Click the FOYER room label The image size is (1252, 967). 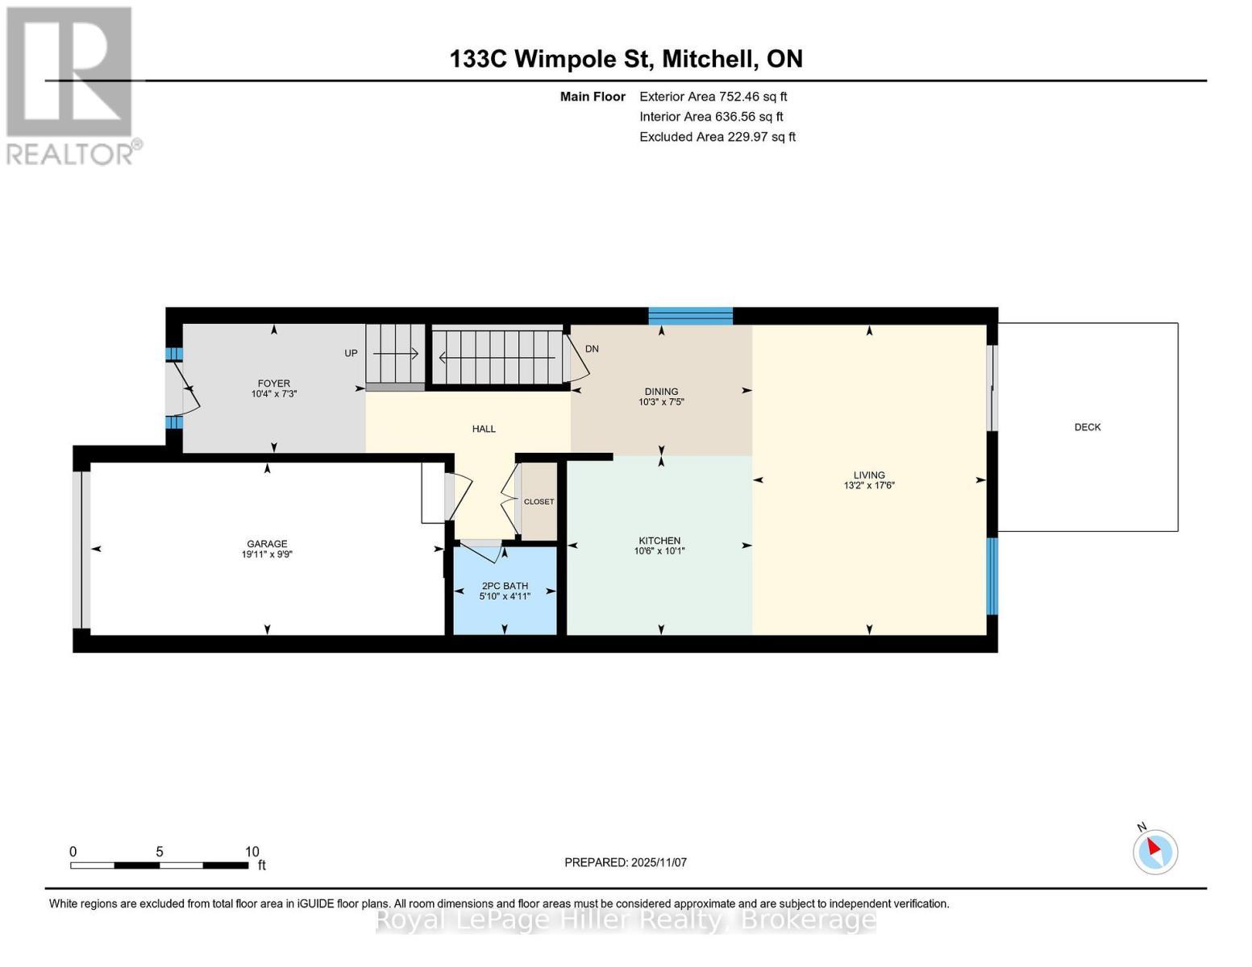click(x=273, y=384)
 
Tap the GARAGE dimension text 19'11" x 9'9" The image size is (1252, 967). click(x=267, y=554)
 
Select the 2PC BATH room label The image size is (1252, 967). click(x=505, y=586)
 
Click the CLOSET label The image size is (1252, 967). click(x=539, y=501)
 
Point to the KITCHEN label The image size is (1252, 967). click(x=659, y=541)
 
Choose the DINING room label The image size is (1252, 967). click(x=661, y=392)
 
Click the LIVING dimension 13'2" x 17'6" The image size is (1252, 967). click(x=869, y=486)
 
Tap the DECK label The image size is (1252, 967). click(x=1087, y=427)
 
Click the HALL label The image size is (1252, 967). click(x=484, y=429)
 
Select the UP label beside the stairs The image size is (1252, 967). click(x=351, y=353)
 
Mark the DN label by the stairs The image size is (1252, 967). click(x=592, y=349)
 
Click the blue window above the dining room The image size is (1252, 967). click(x=690, y=316)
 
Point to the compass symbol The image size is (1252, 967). click(x=1155, y=851)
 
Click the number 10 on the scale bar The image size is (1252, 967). click(x=252, y=852)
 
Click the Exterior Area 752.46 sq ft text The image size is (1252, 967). click(x=713, y=96)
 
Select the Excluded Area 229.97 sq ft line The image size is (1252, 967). click(x=717, y=137)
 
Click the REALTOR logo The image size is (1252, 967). click(x=71, y=85)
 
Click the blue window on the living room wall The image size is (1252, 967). click(x=992, y=575)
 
